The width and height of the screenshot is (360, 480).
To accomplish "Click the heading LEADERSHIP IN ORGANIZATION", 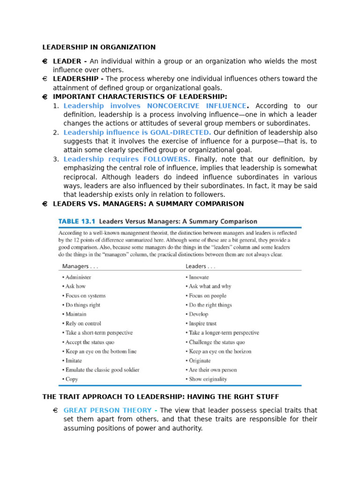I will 99,47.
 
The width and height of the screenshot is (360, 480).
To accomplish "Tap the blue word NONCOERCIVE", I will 173,106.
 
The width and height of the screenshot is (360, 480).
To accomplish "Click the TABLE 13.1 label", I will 76,221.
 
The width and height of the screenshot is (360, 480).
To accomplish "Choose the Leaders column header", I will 201,266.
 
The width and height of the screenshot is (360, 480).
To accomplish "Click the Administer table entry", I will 78,277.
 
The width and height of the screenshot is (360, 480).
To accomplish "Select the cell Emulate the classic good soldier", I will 102,370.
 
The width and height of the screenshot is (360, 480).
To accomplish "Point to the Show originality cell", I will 207,379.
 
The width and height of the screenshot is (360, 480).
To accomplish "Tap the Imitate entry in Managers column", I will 73,360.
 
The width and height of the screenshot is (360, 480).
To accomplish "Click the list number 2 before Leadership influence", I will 56,133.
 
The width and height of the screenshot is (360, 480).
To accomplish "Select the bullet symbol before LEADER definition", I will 45,61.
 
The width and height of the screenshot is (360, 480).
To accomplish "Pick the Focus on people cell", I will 207,296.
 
